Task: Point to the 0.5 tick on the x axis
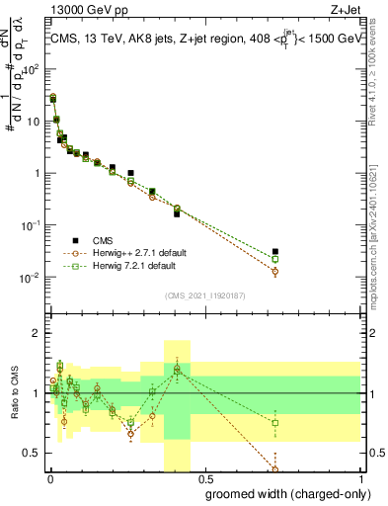(204, 479)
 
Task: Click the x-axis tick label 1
(360, 479)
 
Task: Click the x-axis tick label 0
(49, 479)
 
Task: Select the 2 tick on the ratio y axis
(38, 333)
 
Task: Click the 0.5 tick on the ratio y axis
(34, 453)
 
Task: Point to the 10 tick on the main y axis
(34, 122)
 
